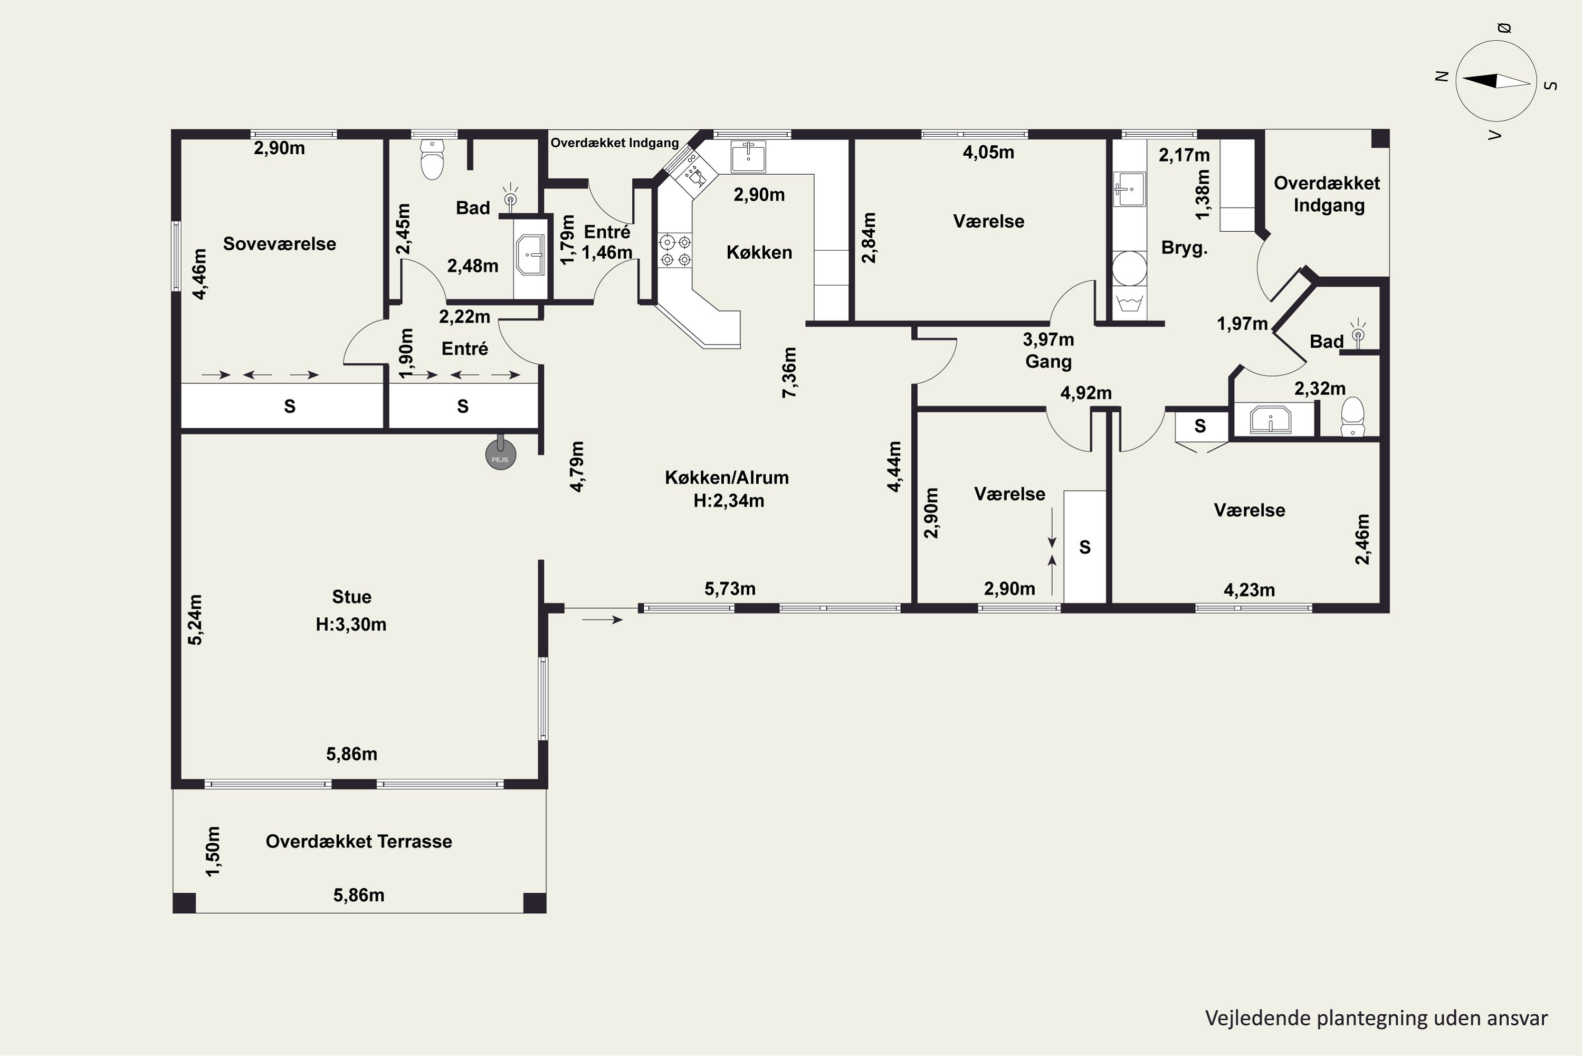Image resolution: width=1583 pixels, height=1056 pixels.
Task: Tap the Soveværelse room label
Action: tap(279, 244)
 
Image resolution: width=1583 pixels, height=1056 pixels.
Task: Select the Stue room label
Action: tap(351, 597)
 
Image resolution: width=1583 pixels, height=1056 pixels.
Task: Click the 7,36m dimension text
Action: tap(789, 372)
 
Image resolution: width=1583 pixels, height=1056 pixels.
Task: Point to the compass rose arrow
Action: tap(1496, 81)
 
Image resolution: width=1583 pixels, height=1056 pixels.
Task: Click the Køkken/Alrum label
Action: tap(727, 477)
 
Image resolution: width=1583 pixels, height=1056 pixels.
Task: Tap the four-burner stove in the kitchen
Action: tap(675, 250)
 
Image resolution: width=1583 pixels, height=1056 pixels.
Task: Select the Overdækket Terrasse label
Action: tap(359, 841)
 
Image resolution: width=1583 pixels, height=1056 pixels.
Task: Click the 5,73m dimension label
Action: tap(730, 589)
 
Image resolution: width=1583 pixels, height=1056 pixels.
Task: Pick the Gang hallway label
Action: tap(1048, 362)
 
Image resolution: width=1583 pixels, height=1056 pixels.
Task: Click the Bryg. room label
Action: tap(1185, 248)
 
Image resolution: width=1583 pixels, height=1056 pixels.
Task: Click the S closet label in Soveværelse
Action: tap(289, 406)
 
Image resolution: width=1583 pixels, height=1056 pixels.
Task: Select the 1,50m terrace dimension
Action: tap(213, 851)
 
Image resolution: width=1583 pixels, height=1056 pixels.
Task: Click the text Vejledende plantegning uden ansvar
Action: tap(1376, 1017)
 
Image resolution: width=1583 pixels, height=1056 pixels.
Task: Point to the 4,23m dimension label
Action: tap(1249, 590)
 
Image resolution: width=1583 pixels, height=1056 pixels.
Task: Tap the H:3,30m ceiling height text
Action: tap(351, 624)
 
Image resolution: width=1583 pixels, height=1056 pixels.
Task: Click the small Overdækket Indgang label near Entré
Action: tap(615, 143)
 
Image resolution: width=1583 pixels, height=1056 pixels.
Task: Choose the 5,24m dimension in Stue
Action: tap(195, 619)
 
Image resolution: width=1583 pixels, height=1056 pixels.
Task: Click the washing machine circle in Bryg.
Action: tap(1129, 269)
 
